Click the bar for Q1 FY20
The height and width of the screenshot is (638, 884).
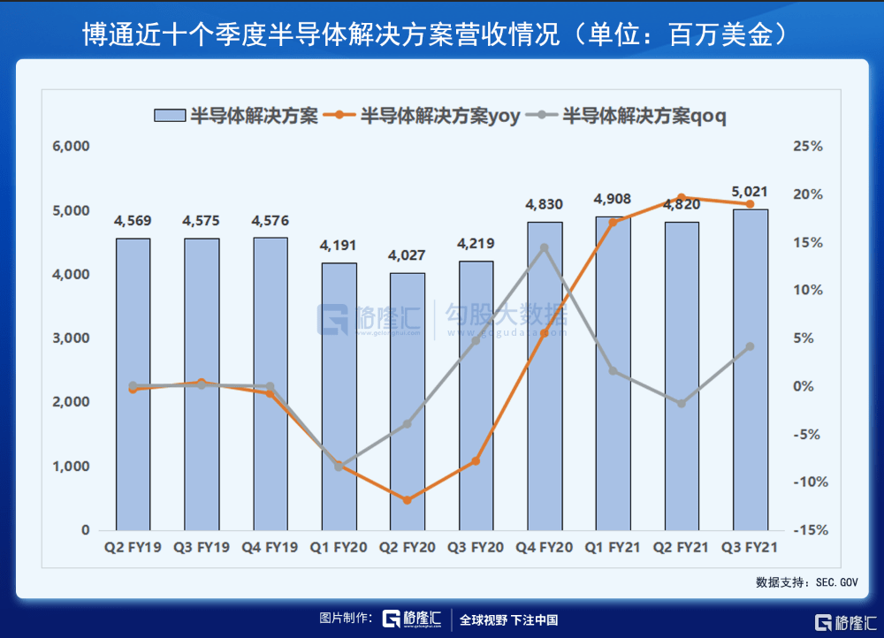coord(339,398)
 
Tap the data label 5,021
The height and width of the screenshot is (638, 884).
coord(750,191)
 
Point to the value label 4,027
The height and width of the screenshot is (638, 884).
coord(407,255)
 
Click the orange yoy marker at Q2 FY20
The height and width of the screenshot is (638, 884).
coord(408,500)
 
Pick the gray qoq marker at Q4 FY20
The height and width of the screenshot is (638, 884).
coord(545,248)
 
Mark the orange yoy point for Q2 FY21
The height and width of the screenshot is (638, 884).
coord(682,198)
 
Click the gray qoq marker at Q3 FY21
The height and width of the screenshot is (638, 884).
coord(751,346)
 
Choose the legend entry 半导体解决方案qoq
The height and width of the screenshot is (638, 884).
coord(634,116)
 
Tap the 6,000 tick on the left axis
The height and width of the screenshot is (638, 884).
coord(72,147)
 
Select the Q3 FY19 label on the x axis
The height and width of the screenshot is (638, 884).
coord(202,548)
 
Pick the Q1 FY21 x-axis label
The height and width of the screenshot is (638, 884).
coord(613,548)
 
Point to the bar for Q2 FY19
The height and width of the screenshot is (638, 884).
coord(133,384)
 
